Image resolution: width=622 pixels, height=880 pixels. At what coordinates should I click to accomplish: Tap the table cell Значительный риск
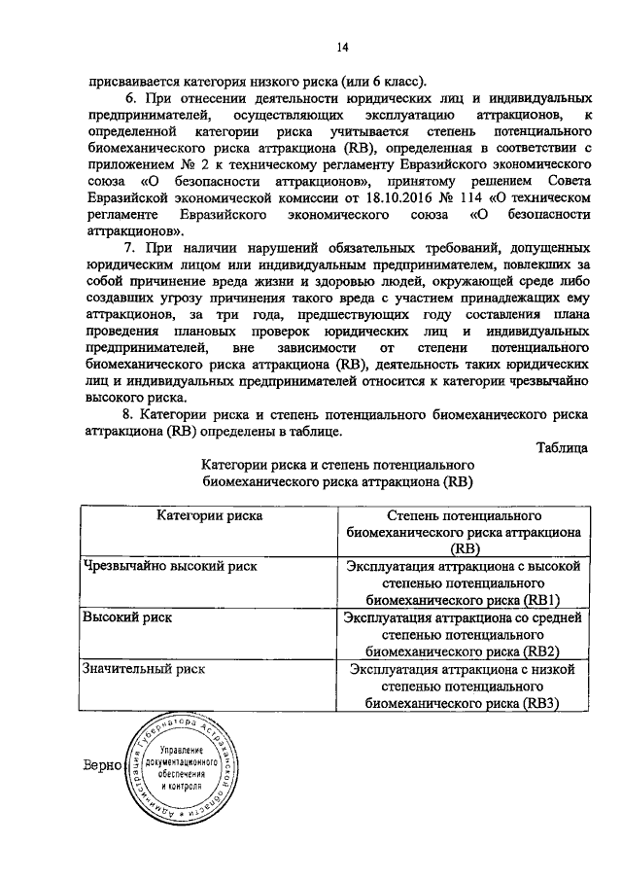coord(143,669)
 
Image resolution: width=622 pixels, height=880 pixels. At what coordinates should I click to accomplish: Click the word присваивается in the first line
coord(131,83)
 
